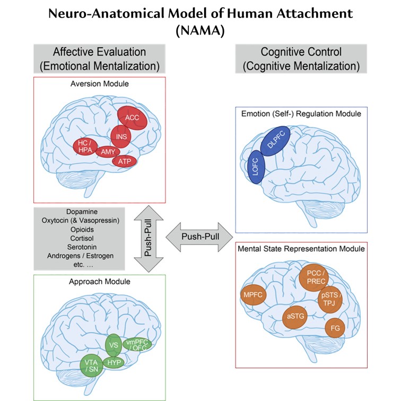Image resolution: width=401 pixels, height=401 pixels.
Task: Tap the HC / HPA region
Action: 86,147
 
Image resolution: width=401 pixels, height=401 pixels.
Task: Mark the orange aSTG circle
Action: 295,317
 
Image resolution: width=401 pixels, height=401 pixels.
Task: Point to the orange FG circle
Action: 335,328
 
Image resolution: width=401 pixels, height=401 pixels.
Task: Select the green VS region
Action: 114,345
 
